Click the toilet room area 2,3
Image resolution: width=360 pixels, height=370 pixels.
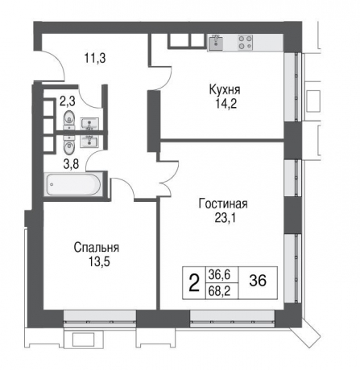pyautogui.click(x=69, y=102)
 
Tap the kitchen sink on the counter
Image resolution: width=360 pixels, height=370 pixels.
pyautogui.click(x=216, y=43)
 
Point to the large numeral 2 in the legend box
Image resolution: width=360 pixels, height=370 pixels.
pyautogui.click(x=193, y=282)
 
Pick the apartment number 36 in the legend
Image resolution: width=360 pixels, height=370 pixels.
pyautogui.click(x=258, y=282)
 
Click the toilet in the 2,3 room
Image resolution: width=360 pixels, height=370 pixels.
pyautogui.click(x=68, y=122)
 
